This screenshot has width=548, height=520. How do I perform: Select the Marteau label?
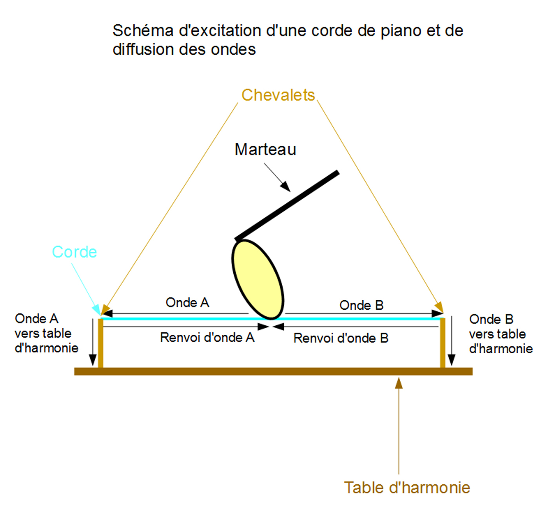[265, 150]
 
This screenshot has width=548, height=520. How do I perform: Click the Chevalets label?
[278, 95]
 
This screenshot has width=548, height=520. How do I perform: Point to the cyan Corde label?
[74, 252]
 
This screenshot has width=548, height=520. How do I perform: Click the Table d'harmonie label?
[407, 488]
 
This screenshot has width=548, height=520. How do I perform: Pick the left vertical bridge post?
[101, 343]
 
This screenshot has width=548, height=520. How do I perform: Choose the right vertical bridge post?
[443, 343]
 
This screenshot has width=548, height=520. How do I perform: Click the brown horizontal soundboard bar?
[273, 371]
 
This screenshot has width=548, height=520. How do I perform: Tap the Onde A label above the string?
[187, 303]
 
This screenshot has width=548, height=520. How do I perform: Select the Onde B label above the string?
[361, 305]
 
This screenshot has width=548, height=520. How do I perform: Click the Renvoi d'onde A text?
[207, 338]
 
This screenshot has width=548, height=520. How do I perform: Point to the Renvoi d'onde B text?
[341, 338]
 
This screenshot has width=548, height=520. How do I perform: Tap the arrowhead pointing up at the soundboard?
[399, 383]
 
